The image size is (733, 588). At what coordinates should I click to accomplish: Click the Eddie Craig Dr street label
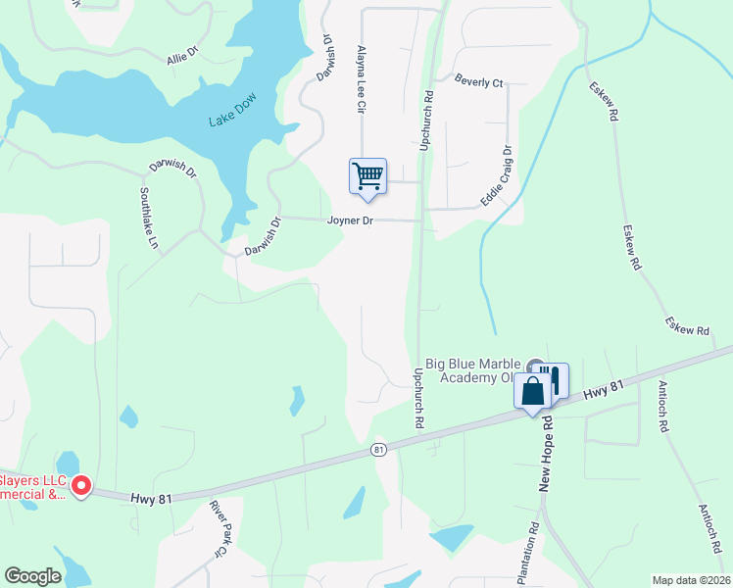click(x=496, y=176)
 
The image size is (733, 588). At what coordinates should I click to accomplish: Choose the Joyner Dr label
click(x=350, y=221)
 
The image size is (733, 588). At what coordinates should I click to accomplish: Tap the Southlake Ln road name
click(x=148, y=217)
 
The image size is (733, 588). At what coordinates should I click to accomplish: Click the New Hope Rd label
click(x=548, y=451)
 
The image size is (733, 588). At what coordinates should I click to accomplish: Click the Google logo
click(x=32, y=576)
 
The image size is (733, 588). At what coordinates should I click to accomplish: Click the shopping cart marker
click(x=367, y=176)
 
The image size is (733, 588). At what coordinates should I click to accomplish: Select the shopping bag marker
click(x=533, y=392)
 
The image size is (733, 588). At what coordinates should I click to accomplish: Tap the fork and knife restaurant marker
click(x=554, y=380)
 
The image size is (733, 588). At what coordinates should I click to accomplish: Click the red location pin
click(x=82, y=484)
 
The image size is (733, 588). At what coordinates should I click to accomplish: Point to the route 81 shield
click(x=378, y=449)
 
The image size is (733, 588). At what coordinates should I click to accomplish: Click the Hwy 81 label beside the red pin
click(x=151, y=499)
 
